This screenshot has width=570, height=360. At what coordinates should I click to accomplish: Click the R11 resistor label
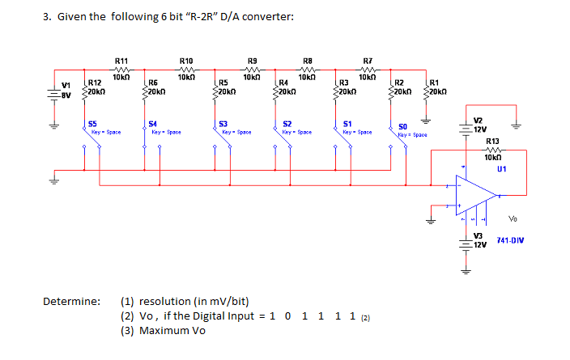[x=121, y=61]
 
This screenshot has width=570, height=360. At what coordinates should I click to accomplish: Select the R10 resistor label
[x=185, y=61]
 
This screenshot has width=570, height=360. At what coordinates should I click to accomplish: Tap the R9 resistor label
[x=252, y=61]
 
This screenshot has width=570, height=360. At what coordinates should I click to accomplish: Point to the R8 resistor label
[x=307, y=61]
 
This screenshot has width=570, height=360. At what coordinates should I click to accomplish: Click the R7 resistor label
[x=369, y=61]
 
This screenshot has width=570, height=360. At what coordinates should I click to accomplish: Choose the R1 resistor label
[x=435, y=83]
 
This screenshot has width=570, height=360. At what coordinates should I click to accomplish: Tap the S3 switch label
[x=223, y=123]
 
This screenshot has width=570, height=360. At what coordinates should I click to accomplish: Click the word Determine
[x=72, y=301]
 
